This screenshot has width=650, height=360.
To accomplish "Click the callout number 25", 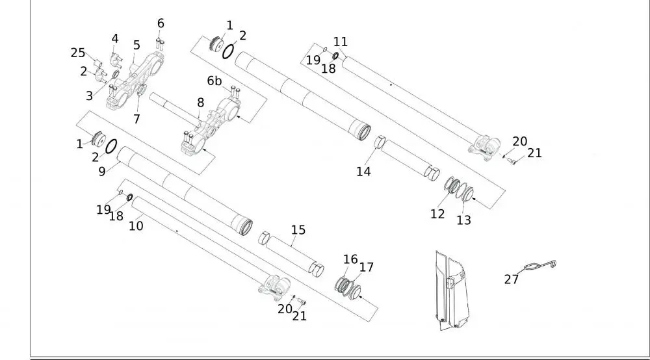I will pos(78,53).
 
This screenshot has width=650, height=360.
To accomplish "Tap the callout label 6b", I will pos(214,81).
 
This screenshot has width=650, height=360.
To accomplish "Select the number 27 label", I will pos(512,279).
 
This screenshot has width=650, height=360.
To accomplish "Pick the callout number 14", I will pos(363,172).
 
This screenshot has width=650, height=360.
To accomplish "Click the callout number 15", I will pos(298,230).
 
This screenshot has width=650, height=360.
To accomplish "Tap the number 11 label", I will pos(341,42).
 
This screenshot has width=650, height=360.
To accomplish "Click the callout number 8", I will pos(200,102).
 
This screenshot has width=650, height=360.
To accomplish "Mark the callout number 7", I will pos(136,119).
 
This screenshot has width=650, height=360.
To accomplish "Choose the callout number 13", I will pos(463,220).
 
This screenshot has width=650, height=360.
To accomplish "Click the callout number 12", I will pos(437,214).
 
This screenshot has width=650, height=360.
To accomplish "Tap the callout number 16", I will pos(350,259).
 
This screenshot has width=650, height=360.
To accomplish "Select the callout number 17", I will pos(367,266).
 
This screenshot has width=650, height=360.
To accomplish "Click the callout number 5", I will pos(136,45).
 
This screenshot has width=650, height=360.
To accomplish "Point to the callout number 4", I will pos(115,38).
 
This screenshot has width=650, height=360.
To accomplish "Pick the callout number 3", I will pos(89,96).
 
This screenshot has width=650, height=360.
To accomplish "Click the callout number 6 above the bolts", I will pos(161,23).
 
